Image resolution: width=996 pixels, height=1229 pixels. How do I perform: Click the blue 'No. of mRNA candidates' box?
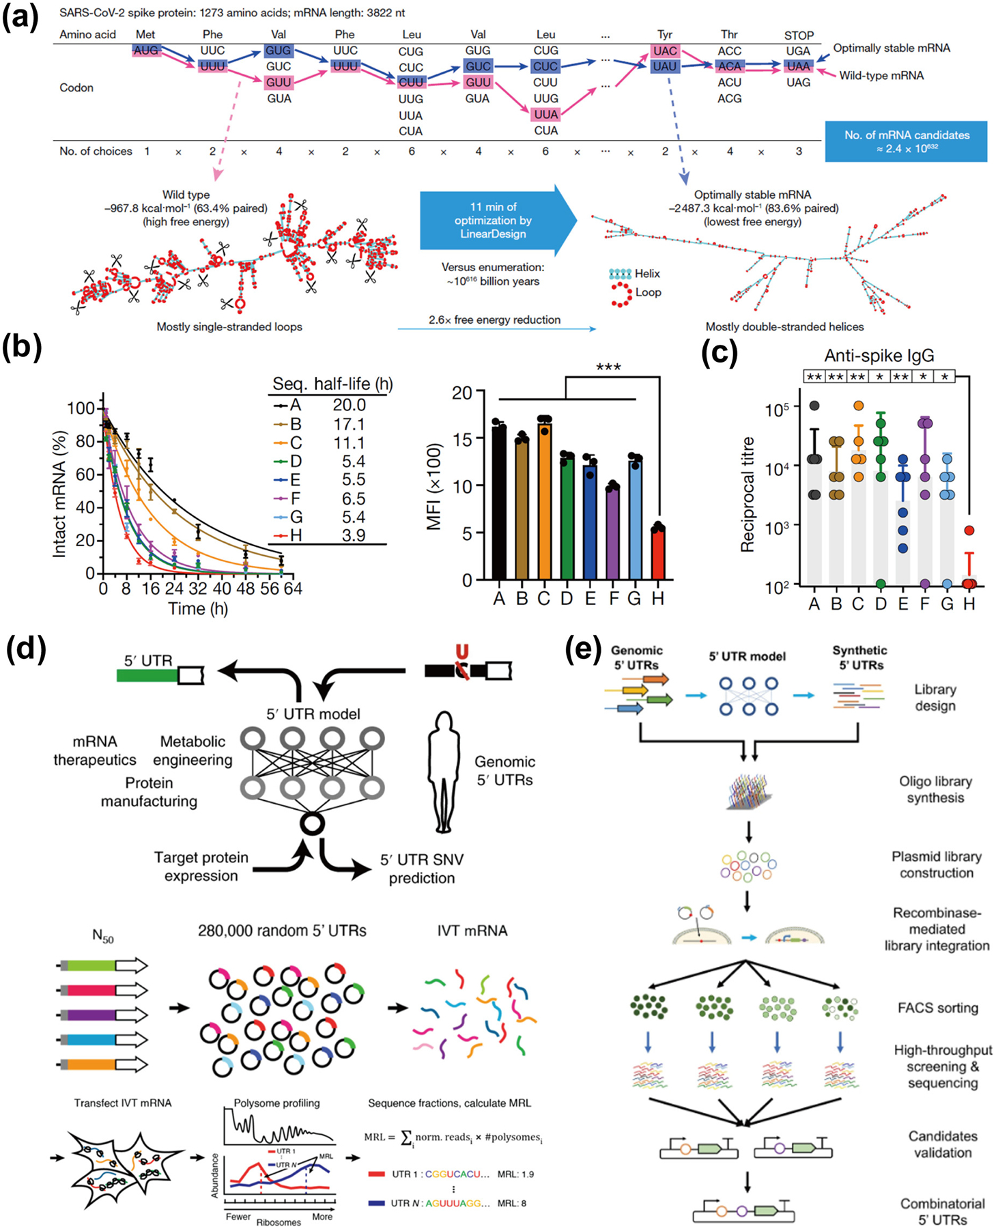point(906,141)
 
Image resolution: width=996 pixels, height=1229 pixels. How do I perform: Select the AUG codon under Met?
point(146,51)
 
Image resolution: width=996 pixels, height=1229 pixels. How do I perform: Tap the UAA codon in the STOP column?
point(797,66)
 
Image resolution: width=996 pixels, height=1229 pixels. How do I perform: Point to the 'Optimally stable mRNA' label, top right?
point(892,48)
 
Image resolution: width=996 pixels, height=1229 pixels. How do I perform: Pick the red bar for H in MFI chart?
point(657,553)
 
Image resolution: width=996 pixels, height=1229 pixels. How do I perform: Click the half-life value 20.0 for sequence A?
point(349,406)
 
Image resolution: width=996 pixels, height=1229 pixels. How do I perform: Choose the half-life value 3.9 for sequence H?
point(353,535)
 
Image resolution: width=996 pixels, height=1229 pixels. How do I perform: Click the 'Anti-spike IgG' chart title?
point(879,356)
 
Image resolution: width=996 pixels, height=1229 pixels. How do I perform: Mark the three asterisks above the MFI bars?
point(608,367)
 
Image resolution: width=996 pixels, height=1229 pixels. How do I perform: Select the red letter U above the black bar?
point(462,651)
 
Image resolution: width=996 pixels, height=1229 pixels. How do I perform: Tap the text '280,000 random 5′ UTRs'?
point(282,931)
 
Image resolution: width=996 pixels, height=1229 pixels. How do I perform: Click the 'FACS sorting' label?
point(937,1008)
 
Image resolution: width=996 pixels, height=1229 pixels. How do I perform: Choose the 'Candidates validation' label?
point(942,1144)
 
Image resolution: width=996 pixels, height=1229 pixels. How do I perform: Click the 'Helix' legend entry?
point(646,274)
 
